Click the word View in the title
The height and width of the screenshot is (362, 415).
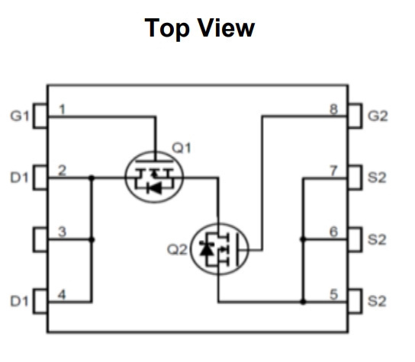click(x=227, y=27)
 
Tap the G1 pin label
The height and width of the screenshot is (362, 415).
click(x=19, y=116)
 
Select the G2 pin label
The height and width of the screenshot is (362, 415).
click(x=378, y=116)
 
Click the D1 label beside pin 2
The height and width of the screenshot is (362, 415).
click(x=19, y=178)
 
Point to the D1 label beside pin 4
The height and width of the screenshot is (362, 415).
click(x=19, y=301)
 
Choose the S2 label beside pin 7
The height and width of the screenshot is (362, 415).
click(x=377, y=178)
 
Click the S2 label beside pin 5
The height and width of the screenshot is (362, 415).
click(x=377, y=301)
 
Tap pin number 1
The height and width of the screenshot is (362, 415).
click(x=63, y=110)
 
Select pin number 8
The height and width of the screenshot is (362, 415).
click(x=334, y=110)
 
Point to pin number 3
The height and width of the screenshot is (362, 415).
click(x=62, y=232)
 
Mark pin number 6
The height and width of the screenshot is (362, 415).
click(x=333, y=232)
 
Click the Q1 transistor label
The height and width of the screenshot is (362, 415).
click(x=182, y=148)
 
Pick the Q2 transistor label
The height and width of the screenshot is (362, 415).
click(x=177, y=250)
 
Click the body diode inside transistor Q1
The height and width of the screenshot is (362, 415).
click(x=154, y=188)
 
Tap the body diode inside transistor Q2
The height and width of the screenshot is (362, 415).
click(x=207, y=248)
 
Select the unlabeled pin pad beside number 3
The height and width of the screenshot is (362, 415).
click(x=40, y=239)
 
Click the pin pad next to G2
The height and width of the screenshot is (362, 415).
click(x=355, y=116)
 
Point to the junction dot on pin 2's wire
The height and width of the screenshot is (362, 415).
click(x=92, y=178)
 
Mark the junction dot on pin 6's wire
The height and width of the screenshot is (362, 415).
click(x=304, y=239)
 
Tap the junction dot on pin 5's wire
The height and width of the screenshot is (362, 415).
click(x=304, y=302)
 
